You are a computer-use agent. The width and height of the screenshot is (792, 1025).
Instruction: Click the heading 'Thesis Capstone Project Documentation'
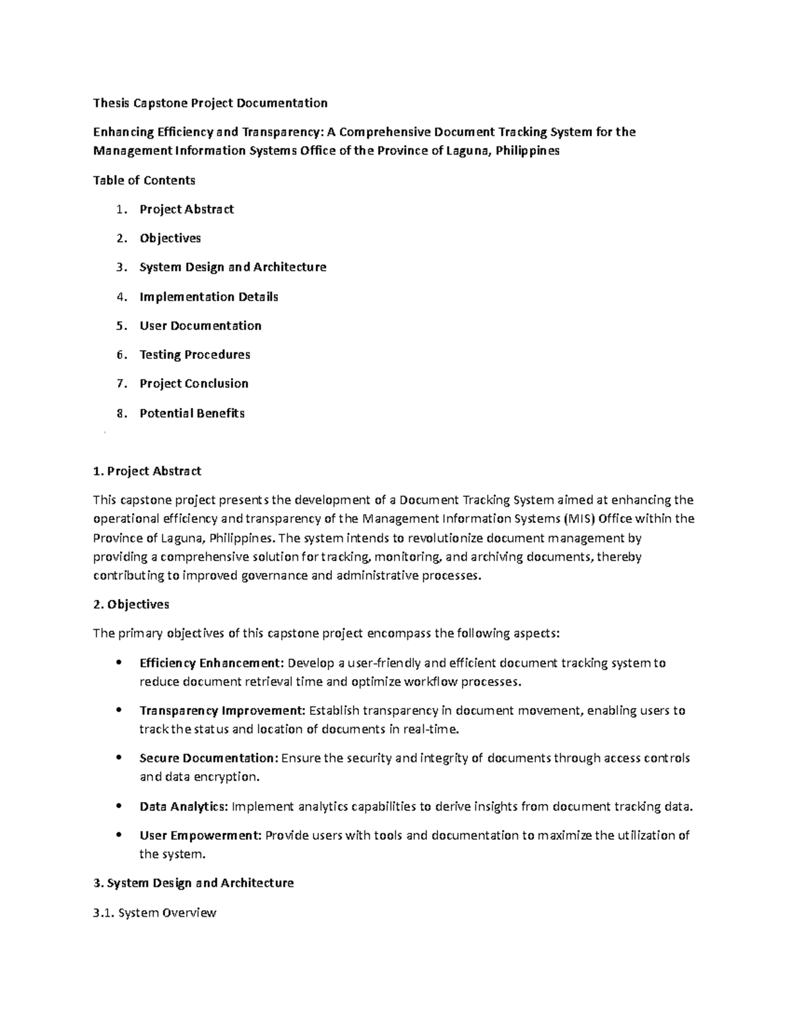210,103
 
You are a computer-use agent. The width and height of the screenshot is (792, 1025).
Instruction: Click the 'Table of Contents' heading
144,180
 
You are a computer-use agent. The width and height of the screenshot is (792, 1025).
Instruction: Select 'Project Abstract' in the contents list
187,209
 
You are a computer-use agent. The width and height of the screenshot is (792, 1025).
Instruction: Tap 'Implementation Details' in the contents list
209,297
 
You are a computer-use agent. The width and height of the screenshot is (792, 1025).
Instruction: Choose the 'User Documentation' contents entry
200,326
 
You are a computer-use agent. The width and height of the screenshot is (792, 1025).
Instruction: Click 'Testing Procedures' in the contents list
195,355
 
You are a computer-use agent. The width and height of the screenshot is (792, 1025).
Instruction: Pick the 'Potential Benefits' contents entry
192,414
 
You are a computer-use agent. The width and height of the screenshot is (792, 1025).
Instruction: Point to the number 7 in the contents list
119,384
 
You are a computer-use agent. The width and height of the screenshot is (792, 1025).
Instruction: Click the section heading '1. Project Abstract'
147,471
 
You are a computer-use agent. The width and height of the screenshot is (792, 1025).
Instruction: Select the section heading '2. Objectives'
131,605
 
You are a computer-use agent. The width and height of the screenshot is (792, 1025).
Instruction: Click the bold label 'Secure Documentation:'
209,758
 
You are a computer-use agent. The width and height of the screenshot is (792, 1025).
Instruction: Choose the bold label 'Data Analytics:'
184,807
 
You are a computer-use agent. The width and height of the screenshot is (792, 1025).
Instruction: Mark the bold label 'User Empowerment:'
201,836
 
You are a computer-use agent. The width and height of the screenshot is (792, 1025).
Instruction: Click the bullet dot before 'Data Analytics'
119,807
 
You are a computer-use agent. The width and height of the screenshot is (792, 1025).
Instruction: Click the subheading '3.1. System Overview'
155,913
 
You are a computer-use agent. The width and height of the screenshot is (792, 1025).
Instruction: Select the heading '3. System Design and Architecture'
193,883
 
